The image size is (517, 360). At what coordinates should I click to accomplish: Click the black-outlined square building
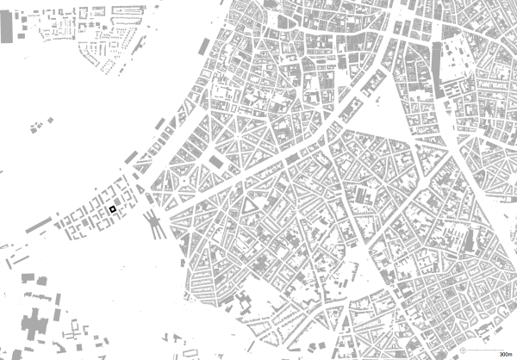coord(113,209)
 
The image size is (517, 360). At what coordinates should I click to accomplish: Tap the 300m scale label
coord(507,354)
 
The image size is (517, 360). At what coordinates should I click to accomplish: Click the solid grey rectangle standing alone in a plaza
coord(215,161)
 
